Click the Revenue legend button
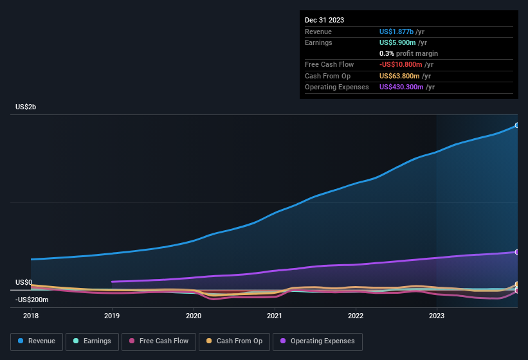pos(37,341)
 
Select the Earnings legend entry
pos(93,341)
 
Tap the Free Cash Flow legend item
pos(159,341)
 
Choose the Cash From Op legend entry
pos(233,341)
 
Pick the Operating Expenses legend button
pos(318,341)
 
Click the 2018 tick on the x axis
pos(31,316)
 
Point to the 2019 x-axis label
pos(112,316)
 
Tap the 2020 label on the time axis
pos(194,316)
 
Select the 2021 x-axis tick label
pos(275,316)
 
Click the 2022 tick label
pos(356,316)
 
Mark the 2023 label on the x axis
pos(437,316)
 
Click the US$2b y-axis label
pos(26,107)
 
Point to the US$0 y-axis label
pos(24,282)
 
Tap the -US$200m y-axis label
pos(32,300)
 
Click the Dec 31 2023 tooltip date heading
pos(324,20)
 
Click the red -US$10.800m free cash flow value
pos(401,64)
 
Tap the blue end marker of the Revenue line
pos(516,125)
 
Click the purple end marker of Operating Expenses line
pos(516,252)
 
